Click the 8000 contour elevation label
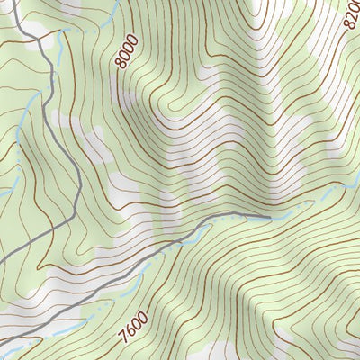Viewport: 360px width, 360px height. click(127, 52)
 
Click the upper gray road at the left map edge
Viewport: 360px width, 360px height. click(1, 262)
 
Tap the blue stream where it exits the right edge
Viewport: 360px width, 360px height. click(358, 183)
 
